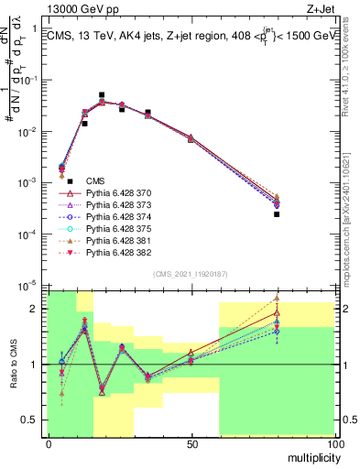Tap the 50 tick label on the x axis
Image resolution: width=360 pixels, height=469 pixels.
[191, 443]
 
